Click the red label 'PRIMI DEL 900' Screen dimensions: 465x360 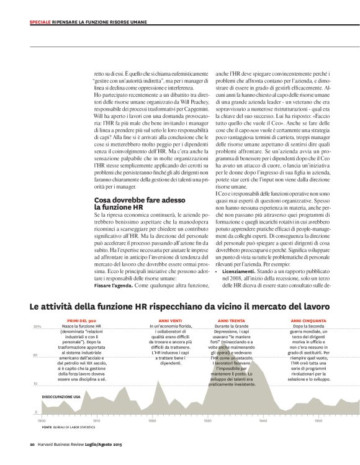[79, 320]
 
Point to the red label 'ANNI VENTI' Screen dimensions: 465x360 [161, 320]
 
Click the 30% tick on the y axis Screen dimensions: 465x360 [36, 327]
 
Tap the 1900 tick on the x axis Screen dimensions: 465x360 [42, 420]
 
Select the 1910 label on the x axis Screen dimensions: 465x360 [96, 420]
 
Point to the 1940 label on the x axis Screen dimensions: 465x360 [263, 420]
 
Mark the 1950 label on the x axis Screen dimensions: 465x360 [318, 420]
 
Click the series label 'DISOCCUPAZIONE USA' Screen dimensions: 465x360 [61, 395]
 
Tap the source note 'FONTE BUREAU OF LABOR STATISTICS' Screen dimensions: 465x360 [68, 428]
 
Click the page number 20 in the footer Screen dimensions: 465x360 [32, 444]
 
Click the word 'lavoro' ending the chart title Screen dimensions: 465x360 [317, 307]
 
